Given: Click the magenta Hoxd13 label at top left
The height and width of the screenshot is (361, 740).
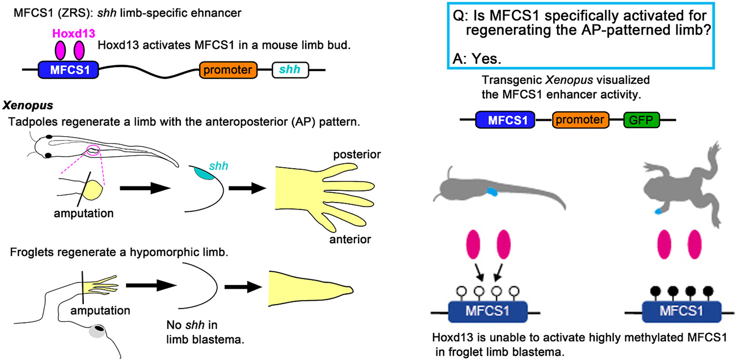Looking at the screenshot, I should [x=74, y=33].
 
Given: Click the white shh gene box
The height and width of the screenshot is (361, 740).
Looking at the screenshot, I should [x=290, y=70].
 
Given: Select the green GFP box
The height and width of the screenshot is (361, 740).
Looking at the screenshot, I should [x=641, y=120].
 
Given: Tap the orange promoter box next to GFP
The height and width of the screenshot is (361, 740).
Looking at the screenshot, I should [x=580, y=120].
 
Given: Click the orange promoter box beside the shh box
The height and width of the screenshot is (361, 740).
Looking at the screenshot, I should [x=228, y=70].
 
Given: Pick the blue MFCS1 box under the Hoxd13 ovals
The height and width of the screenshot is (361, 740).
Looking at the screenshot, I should [x=68, y=70].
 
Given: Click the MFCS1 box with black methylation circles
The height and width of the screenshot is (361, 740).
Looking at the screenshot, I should [x=681, y=312].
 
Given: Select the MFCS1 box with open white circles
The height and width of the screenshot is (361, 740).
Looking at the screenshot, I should [x=487, y=312].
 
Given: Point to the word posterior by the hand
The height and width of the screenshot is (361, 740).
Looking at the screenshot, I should [x=357, y=155].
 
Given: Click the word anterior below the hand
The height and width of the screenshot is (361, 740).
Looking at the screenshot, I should [x=350, y=240].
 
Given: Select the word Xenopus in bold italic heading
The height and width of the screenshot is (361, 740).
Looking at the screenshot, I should [x=28, y=106].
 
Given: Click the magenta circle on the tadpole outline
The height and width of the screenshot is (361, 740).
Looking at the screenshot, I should [x=93, y=150].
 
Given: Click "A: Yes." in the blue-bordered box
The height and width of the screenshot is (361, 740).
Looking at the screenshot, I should [x=477, y=59].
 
